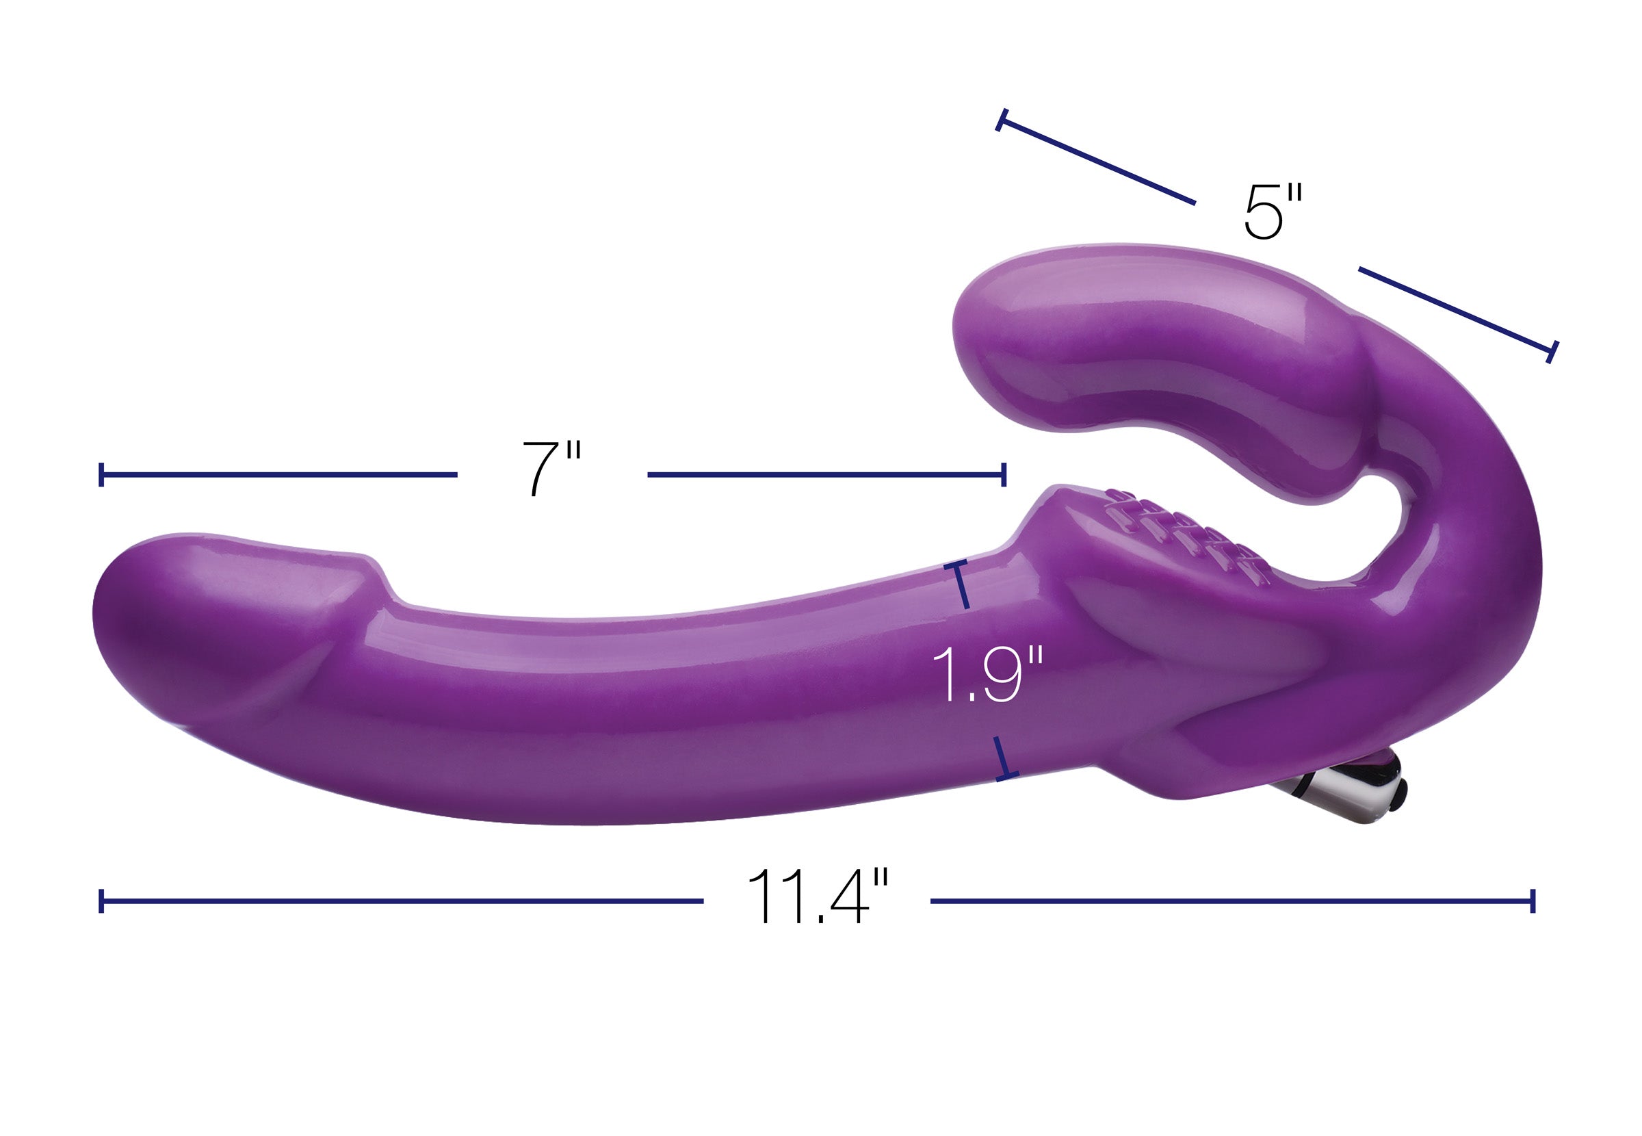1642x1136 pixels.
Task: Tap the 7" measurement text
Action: coord(551,467)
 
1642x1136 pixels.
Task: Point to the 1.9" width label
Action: coord(986,674)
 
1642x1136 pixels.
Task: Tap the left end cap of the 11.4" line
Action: coord(102,901)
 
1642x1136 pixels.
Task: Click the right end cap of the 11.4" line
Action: coord(1533,901)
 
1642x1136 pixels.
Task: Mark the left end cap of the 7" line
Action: coord(102,474)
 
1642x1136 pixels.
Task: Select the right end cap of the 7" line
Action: coord(1004,474)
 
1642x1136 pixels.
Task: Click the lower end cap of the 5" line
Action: coord(1552,352)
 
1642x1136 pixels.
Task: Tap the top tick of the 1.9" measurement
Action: coord(956,564)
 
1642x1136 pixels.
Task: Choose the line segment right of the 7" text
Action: coord(825,474)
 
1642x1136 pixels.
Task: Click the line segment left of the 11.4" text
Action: coord(402,901)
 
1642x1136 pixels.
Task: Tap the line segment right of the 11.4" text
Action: coord(1231,901)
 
